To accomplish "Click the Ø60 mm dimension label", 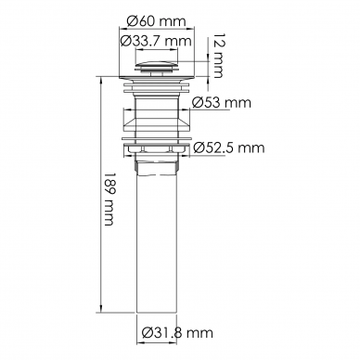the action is click(x=157, y=21).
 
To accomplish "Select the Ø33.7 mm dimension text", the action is click(x=156, y=41).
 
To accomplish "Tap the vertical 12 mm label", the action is click(x=216, y=56).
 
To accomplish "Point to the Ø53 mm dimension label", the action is click(x=221, y=102).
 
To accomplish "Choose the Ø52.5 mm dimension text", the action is click(x=229, y=148).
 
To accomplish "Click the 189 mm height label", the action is click(x=109, y=199).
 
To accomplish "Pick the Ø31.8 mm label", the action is click(x=177, y=333).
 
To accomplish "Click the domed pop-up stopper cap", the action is click(x=157, y=67).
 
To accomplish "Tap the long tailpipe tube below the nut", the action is click(x=157, y=244).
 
